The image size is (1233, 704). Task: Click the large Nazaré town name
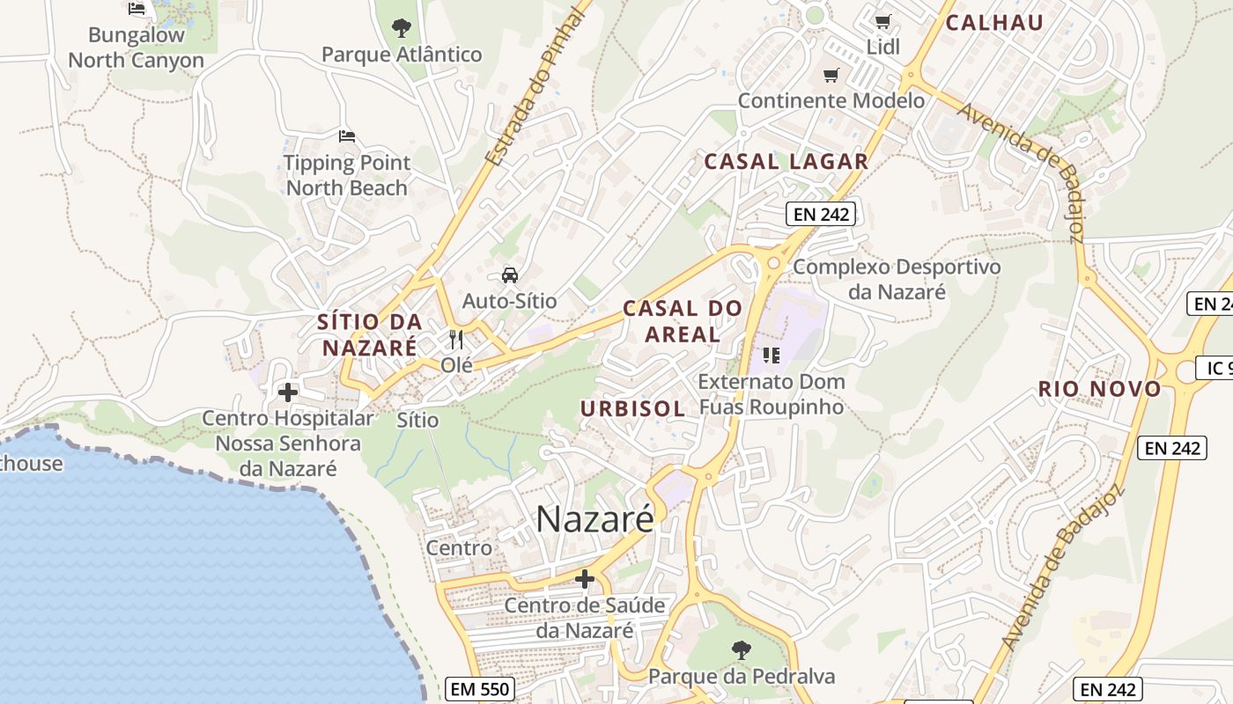(594, 518)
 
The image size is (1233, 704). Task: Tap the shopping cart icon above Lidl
(882, 21)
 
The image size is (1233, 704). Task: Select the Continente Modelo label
(831, 100)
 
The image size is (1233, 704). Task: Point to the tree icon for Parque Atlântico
(402, 28)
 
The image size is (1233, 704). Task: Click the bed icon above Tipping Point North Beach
(347, 136)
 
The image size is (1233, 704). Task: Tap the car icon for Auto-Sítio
(510, 275)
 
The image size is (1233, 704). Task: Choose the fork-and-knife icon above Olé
(456, 339)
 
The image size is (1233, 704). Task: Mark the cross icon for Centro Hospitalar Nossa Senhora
(288, 392)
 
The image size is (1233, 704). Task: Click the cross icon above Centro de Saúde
(584, 579)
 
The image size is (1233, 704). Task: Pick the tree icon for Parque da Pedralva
(742, 650)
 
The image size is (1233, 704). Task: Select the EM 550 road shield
(480, 689)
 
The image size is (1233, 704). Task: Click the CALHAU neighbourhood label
(994, 24)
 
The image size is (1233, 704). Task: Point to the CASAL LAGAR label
(786, 162)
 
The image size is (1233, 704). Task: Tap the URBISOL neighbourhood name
(632, 409)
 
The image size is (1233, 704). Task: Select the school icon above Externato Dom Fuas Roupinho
(772, 356)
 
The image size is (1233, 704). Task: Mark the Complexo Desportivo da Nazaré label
(897, 279)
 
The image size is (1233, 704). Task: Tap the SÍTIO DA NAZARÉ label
(369, 334)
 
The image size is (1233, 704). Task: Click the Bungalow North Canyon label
(136, 48)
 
